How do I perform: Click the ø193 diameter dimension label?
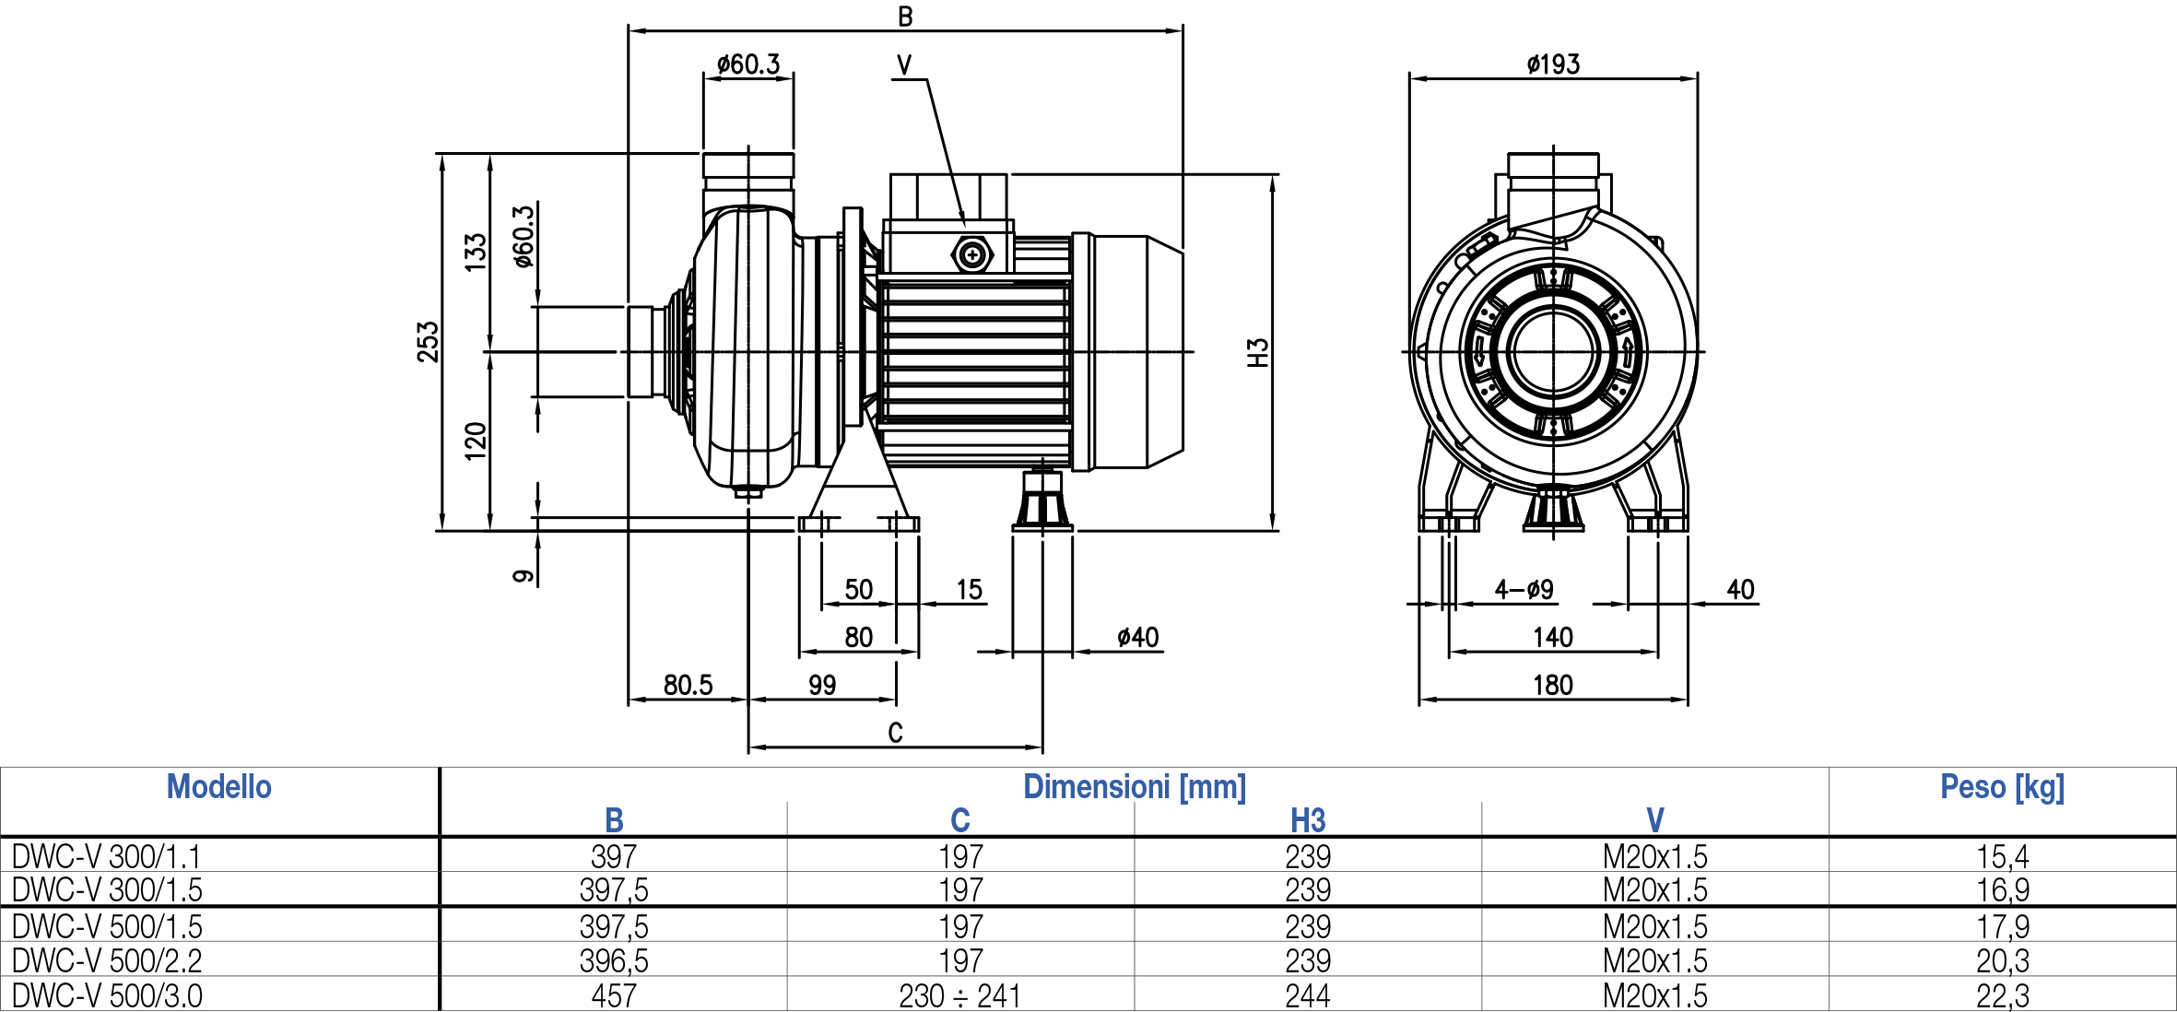pos(1553,65)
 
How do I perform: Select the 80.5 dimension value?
pos(688,685)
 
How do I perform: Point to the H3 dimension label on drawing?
pos(1258,352)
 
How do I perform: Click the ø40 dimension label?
pos(1137,637)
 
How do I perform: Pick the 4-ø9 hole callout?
pos(1524,589)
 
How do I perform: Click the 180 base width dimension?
pos(1553,685)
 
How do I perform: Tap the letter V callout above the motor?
pos(904,65)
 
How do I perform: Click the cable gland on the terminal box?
pos(971,254)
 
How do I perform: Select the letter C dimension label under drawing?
pos(895,733)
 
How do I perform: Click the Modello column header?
pos(219,787)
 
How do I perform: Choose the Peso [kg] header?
pos(2002,787)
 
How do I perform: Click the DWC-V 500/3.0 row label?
pos(107,995)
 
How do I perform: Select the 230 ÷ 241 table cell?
pos(959,995)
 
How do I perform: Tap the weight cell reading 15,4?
pos(2002,856)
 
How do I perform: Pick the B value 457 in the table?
pos(614,995)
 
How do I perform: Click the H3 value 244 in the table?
pos(1308,995)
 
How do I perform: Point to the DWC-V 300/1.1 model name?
pos(106,856)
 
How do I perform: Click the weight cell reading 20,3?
pos(2002,960)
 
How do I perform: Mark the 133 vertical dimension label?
pos(476,252)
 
